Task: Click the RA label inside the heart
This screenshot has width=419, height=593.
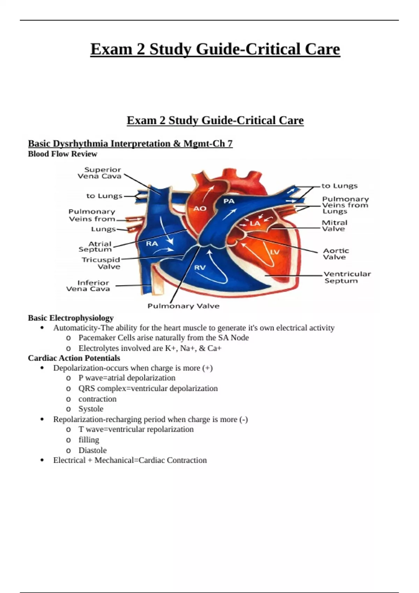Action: pos(152,243)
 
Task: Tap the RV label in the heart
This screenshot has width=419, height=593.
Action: pos(200,268)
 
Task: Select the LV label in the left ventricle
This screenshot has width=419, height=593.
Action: pos(275,252)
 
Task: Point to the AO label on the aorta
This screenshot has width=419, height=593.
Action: pos(200,209)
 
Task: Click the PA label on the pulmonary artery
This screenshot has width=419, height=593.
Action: pos(229,201)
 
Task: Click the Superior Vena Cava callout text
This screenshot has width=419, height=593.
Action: pos(100,173)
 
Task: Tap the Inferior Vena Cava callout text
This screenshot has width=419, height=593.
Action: pos(88,286)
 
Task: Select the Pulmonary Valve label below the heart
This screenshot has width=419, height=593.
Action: pos(183,306)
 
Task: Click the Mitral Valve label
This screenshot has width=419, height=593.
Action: pos(334,226)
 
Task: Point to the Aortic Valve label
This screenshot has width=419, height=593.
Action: pos(336,254)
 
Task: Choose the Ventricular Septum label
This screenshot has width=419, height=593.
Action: pos(347,277)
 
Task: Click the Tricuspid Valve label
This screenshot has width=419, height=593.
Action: pos(101,263)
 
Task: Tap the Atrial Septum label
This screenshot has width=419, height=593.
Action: pos(96,247)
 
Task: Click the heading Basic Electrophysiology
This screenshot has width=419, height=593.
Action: pos(71,318)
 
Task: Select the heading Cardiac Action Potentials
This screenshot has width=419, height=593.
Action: pos(74,358)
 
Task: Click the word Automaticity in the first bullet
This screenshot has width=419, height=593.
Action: pos(75,328)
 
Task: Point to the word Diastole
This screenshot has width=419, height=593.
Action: pos(93,450)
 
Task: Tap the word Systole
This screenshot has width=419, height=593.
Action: pos(91,409)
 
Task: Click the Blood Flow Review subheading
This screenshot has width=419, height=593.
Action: pos(63,154)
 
